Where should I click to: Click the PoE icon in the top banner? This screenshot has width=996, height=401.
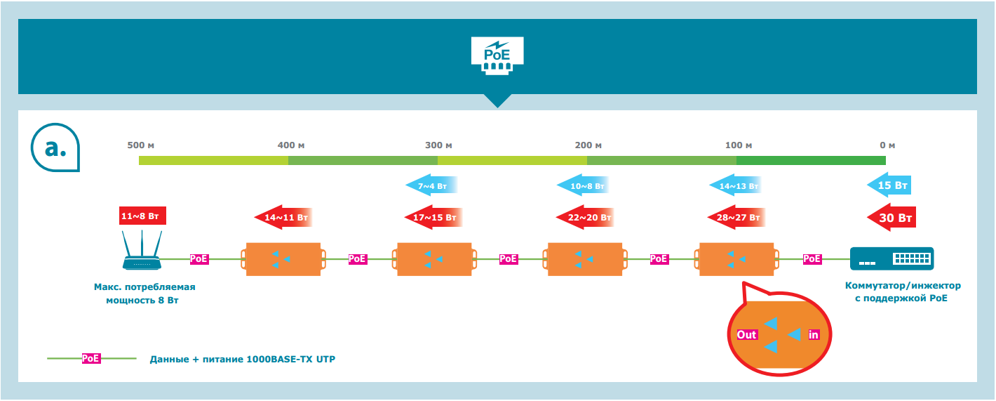click(x=497, y=55)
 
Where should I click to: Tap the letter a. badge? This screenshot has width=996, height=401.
click(x=56, y=148)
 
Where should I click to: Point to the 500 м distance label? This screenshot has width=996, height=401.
click(x=140, y=145)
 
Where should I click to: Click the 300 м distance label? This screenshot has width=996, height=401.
click(x=438, y=145)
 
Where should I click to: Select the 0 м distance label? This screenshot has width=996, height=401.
click(x=887, y=145)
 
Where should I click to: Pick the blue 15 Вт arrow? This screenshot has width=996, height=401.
click(x=889, y=186)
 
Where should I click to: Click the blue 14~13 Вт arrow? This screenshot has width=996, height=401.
click(x=734, y=186)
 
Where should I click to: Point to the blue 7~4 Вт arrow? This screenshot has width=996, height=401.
click(x=431, y=186)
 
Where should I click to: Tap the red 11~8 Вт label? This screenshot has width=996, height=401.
click(x=143, y=216)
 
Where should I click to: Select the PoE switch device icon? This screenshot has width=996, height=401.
click(x=891, y=258)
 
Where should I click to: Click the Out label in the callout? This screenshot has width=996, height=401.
click(x=746, y=334)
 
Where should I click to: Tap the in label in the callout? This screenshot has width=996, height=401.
click(x=814, y=334)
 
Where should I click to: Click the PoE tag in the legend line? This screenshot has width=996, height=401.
click(x=91, y=358)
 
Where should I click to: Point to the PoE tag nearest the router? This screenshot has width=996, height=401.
click(x=199, y=258)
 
